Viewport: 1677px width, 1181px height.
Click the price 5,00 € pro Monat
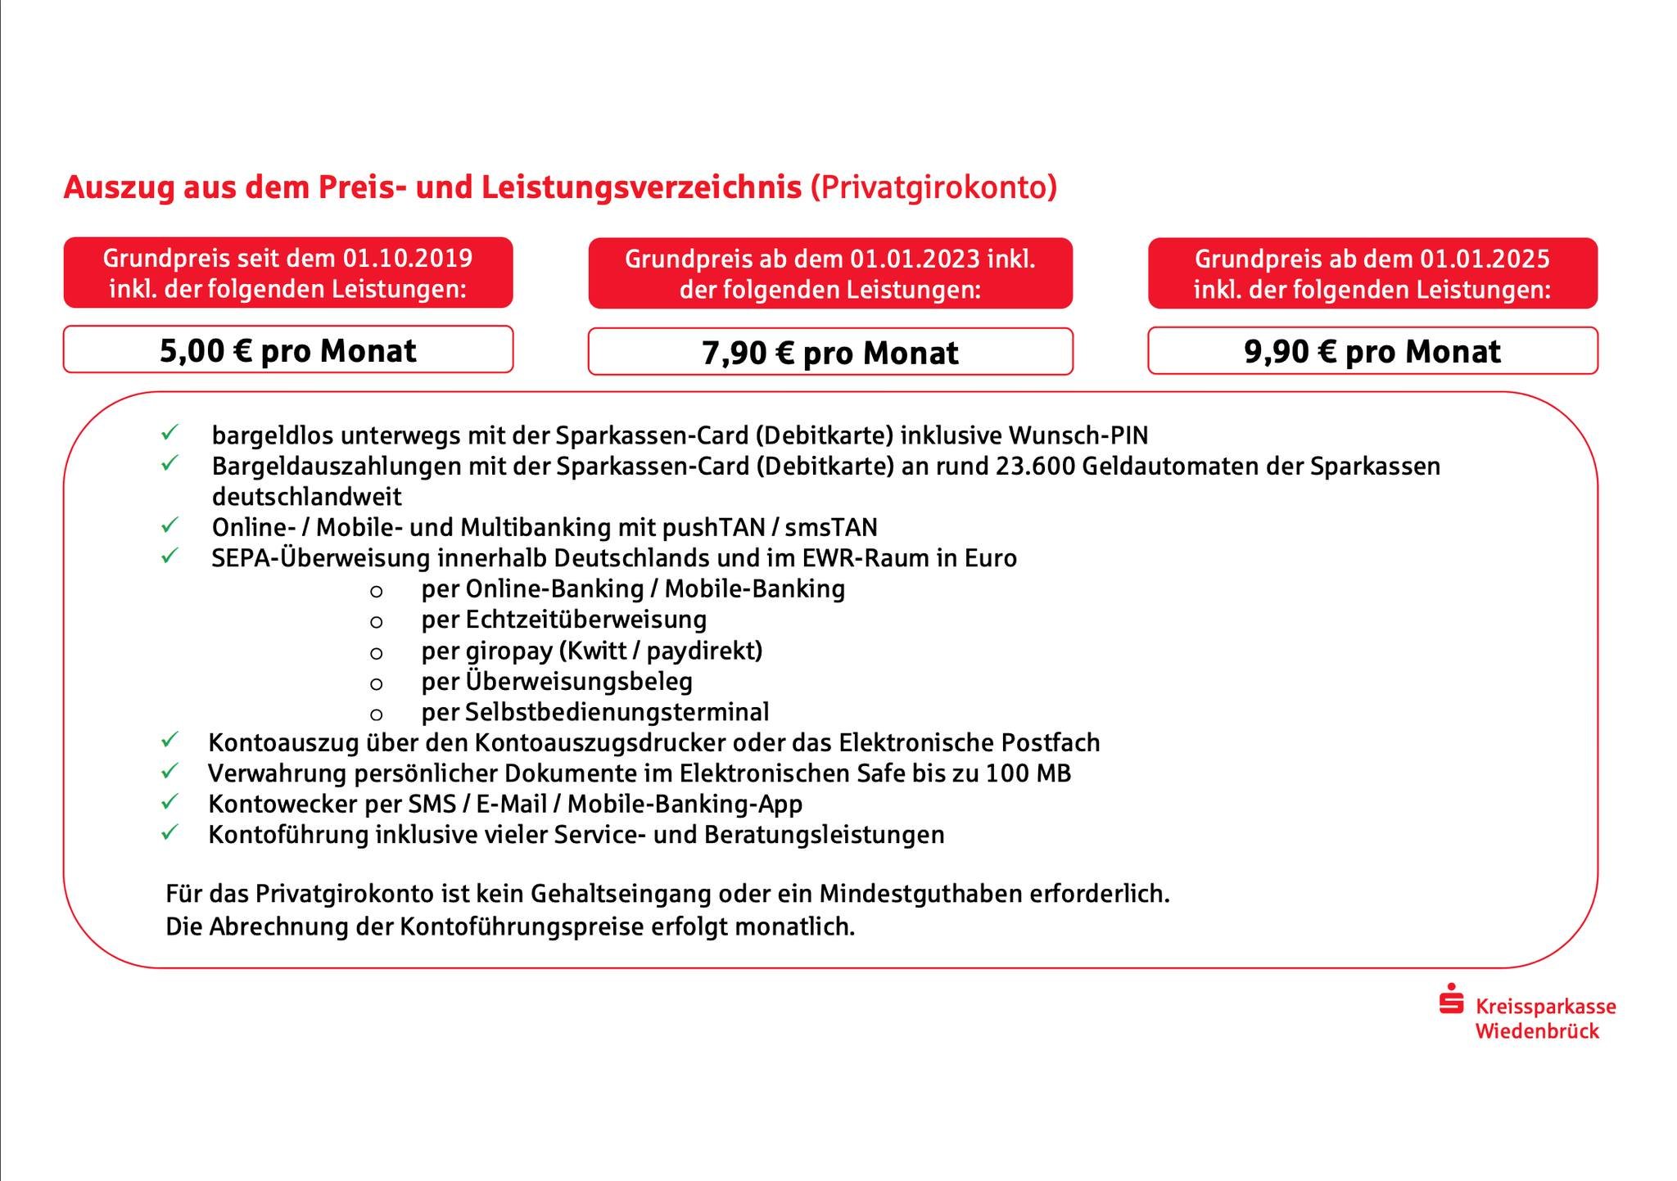click(x=287, y=351)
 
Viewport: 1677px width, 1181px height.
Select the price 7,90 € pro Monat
click(x=829, y=353)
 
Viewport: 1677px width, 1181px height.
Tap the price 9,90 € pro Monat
click(x=1372, y=352)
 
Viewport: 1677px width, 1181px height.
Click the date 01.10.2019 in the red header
click(x=408, y=259)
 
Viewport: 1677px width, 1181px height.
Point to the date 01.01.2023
click(x=915, y=259)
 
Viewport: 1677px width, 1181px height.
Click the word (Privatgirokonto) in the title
click(x=933, y=187)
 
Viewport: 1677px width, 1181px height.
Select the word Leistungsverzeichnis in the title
click(x=641, y=187)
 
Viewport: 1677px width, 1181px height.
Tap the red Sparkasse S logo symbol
click(x=1451, y=1000)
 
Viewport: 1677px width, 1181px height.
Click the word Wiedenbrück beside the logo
click(x=1537, y=1031)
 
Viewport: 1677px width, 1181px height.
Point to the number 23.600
click(x=1037, y=466)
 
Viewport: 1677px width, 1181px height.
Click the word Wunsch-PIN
click(x=1078, y=435)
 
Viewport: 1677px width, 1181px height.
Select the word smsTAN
click(x=831, y=526)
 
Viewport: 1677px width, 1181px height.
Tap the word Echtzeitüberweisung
click(x=585, y=620)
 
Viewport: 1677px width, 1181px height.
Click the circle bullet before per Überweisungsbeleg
click(x=377, y=683)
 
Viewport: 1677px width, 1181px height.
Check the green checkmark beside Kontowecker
click(x=170, y=802)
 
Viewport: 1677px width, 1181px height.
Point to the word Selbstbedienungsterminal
click(x=617, y=712)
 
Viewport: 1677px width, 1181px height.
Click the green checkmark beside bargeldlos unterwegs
click(x=170, y=433)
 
